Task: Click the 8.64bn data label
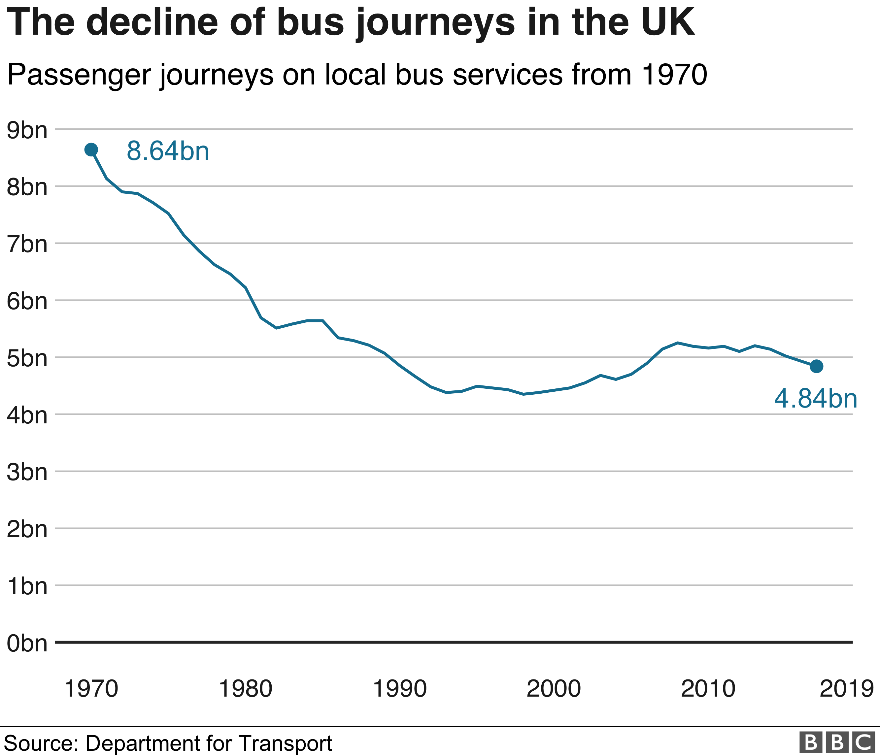(168, 151)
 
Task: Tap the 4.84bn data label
(815, 399)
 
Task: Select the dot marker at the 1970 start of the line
(91, 149)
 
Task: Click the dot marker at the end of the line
(816, 366)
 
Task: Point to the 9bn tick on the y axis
(27, 130)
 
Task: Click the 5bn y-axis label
(27, 358)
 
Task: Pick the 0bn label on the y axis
(27, 643)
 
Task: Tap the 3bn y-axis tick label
(27, 472)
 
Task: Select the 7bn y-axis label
(27, 244)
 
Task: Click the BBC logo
(837, 742)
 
